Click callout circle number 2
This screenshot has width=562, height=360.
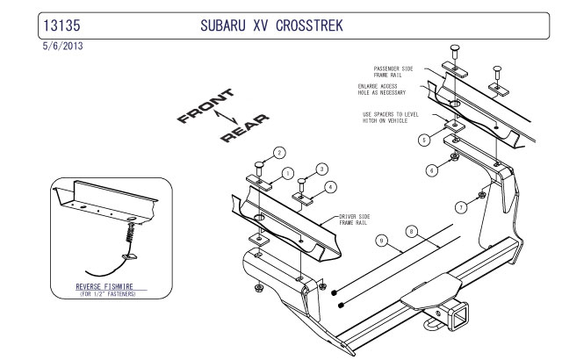click(x=278, y=153)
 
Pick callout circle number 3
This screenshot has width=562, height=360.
click(x=321, y=169)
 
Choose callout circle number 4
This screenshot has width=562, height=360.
click(x=330, y=187)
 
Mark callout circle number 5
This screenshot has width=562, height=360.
click(x=423, y=140)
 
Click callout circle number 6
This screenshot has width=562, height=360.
click(x=431, y=170)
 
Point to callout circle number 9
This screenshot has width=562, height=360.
click(x=381, y=239)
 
